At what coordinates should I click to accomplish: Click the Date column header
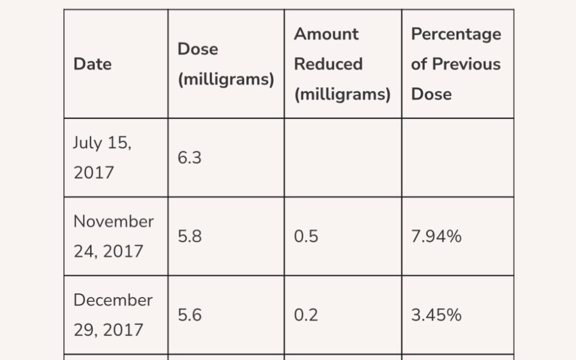coord(93,64)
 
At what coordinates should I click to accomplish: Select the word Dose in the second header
coord(198,49)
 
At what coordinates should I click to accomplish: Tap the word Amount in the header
coord(326,34)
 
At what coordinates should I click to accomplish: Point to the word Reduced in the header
coord(329,64)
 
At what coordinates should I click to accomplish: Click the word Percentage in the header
coord(456,35)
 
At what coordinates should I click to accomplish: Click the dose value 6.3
coord(189,157)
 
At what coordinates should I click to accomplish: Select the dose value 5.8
coord(189,236)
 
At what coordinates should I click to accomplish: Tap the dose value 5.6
coord(189,315)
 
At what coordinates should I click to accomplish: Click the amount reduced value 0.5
coord(306,236)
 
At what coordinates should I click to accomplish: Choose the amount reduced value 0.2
coord(306,315)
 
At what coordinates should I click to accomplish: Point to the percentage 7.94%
coord(436,236)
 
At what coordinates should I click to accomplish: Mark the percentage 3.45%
coord(436,315)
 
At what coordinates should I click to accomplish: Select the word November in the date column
coord(114,221)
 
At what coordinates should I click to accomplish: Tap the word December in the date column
coord(113,300)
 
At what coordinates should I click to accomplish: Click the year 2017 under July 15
coord(94,173)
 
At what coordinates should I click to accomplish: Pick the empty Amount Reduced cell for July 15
coord(343,157)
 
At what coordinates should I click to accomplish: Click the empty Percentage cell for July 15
coord(458,157)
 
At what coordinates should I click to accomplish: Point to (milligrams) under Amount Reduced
coord(342,94)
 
